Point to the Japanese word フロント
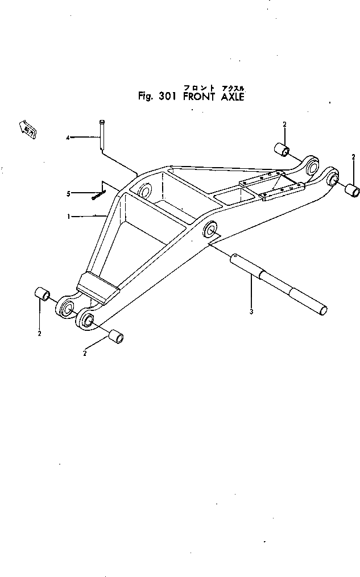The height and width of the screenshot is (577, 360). point(198,87)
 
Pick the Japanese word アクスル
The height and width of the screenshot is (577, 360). point(232,87)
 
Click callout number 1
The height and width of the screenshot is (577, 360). point(69,216)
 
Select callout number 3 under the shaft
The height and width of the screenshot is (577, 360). point(251,312)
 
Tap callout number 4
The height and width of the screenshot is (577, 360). point(68,138)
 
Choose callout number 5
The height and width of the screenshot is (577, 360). point(68,194)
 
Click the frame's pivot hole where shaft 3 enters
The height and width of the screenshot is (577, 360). point(209,230)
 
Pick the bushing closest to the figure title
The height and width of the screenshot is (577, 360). point(281,150)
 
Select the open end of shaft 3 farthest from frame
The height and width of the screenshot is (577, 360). point(323,310)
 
